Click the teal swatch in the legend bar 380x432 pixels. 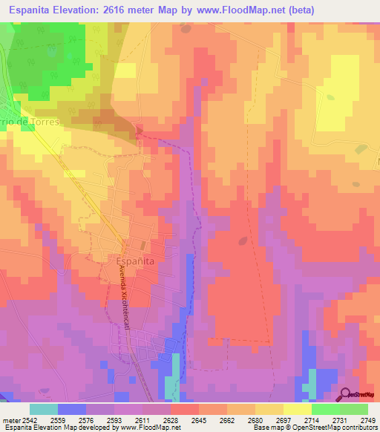coord(44,409)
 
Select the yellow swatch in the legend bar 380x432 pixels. coord(298,409)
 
